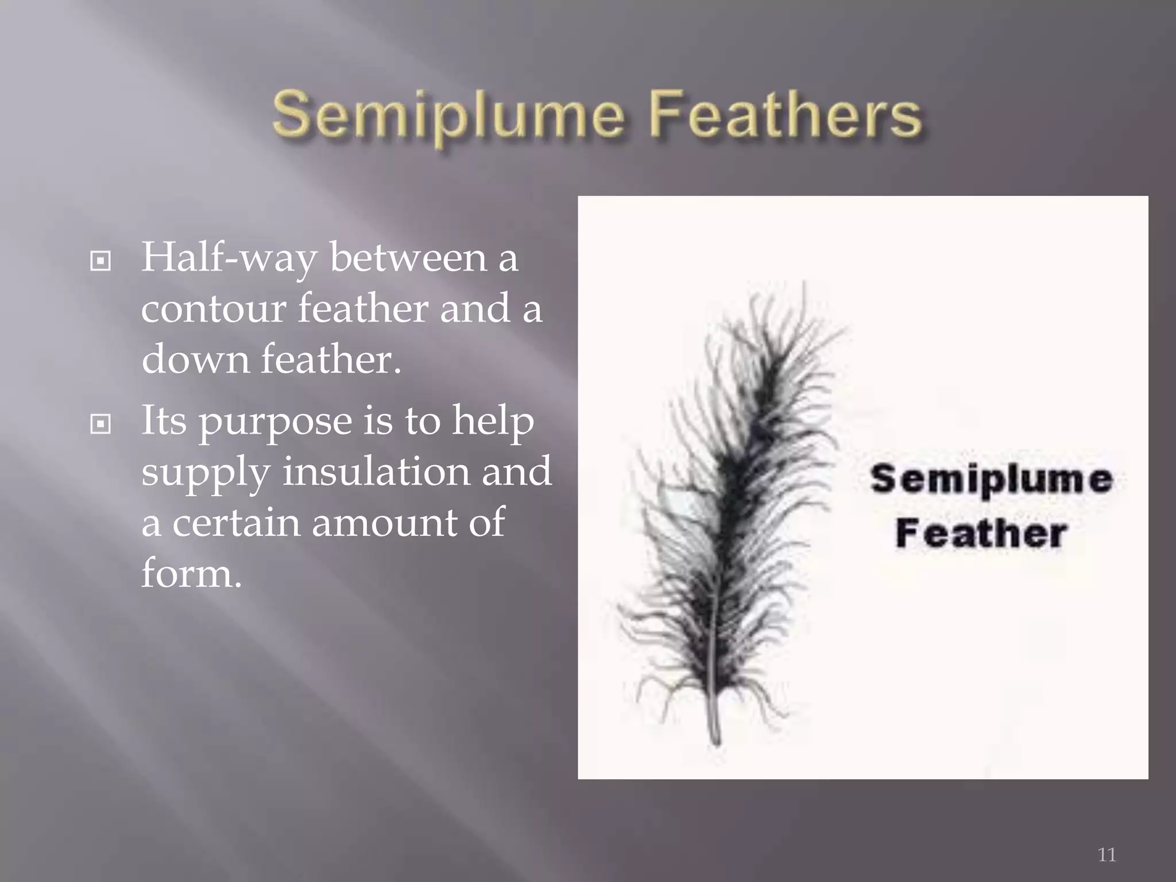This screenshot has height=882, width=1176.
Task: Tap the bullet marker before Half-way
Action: [100, 262]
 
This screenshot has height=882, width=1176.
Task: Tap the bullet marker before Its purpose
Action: [100, 424]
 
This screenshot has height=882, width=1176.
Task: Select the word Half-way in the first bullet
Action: [229, 258]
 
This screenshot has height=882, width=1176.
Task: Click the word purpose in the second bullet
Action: [274, 422]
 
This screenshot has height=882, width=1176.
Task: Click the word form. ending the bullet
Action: [191, 573]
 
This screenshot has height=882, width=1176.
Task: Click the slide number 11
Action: [1107, 854]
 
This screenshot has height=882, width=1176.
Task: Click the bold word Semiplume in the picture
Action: [991, 479]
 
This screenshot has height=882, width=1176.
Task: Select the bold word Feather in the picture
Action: [980, 534]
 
